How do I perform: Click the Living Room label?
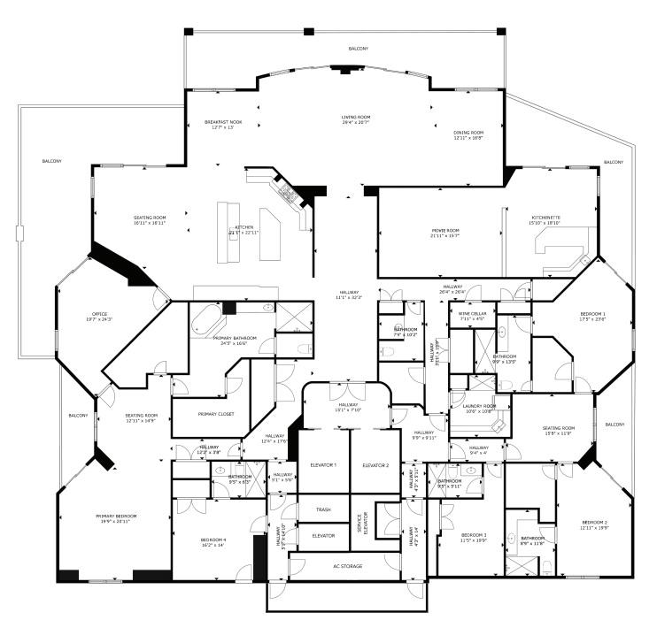(x=356, y=118)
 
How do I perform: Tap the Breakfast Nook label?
(x=219, y=122)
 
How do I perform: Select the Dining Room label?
(x=468, y=134)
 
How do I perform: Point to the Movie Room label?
(x=445, y=232)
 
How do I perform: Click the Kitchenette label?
(x=545, y=218)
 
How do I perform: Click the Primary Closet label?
(x=216, y=414)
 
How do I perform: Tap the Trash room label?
(x=323, y=509)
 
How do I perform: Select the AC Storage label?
(x=347, y=566)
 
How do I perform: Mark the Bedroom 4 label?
(x=213, y=541)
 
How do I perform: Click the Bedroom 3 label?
(x=474, y=536)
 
